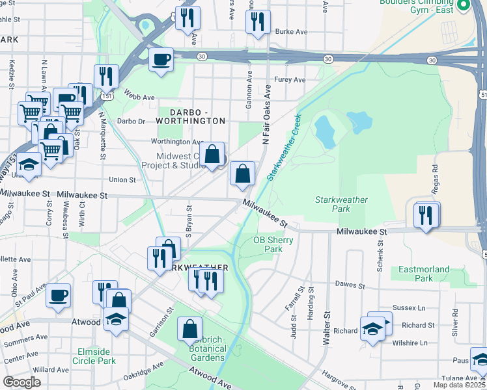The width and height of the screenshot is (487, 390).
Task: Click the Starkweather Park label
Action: [341, 204]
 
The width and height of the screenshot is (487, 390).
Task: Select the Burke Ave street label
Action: [290, 31]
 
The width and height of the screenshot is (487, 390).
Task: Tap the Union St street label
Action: [122, 179]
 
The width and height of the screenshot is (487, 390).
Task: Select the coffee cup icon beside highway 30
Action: [161, 60]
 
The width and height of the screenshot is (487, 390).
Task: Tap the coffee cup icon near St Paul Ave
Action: [58, 295]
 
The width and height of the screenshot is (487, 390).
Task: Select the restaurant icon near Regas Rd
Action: [426, 215]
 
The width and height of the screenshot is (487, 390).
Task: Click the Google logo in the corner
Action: [22, 382]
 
